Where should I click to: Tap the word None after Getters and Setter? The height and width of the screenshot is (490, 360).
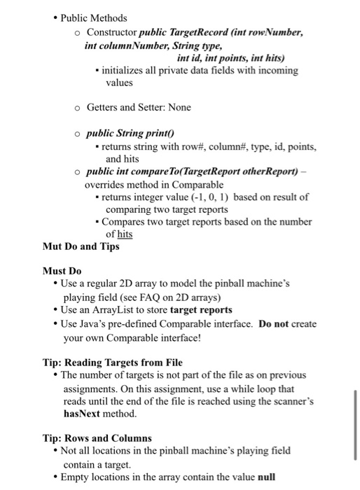(x=178, y=107)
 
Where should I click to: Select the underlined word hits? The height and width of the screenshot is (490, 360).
(x=124, y=234)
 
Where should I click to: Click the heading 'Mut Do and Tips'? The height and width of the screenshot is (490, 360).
(x=81, y=246)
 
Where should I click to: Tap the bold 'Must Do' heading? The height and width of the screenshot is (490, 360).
(x=62, y=271)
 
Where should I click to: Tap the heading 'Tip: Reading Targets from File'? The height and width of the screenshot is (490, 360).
(x=112, y=362)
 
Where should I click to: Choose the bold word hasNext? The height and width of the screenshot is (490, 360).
(x=83, y=414)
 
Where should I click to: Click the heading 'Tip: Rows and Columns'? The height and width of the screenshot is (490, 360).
(x=97, y=438)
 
